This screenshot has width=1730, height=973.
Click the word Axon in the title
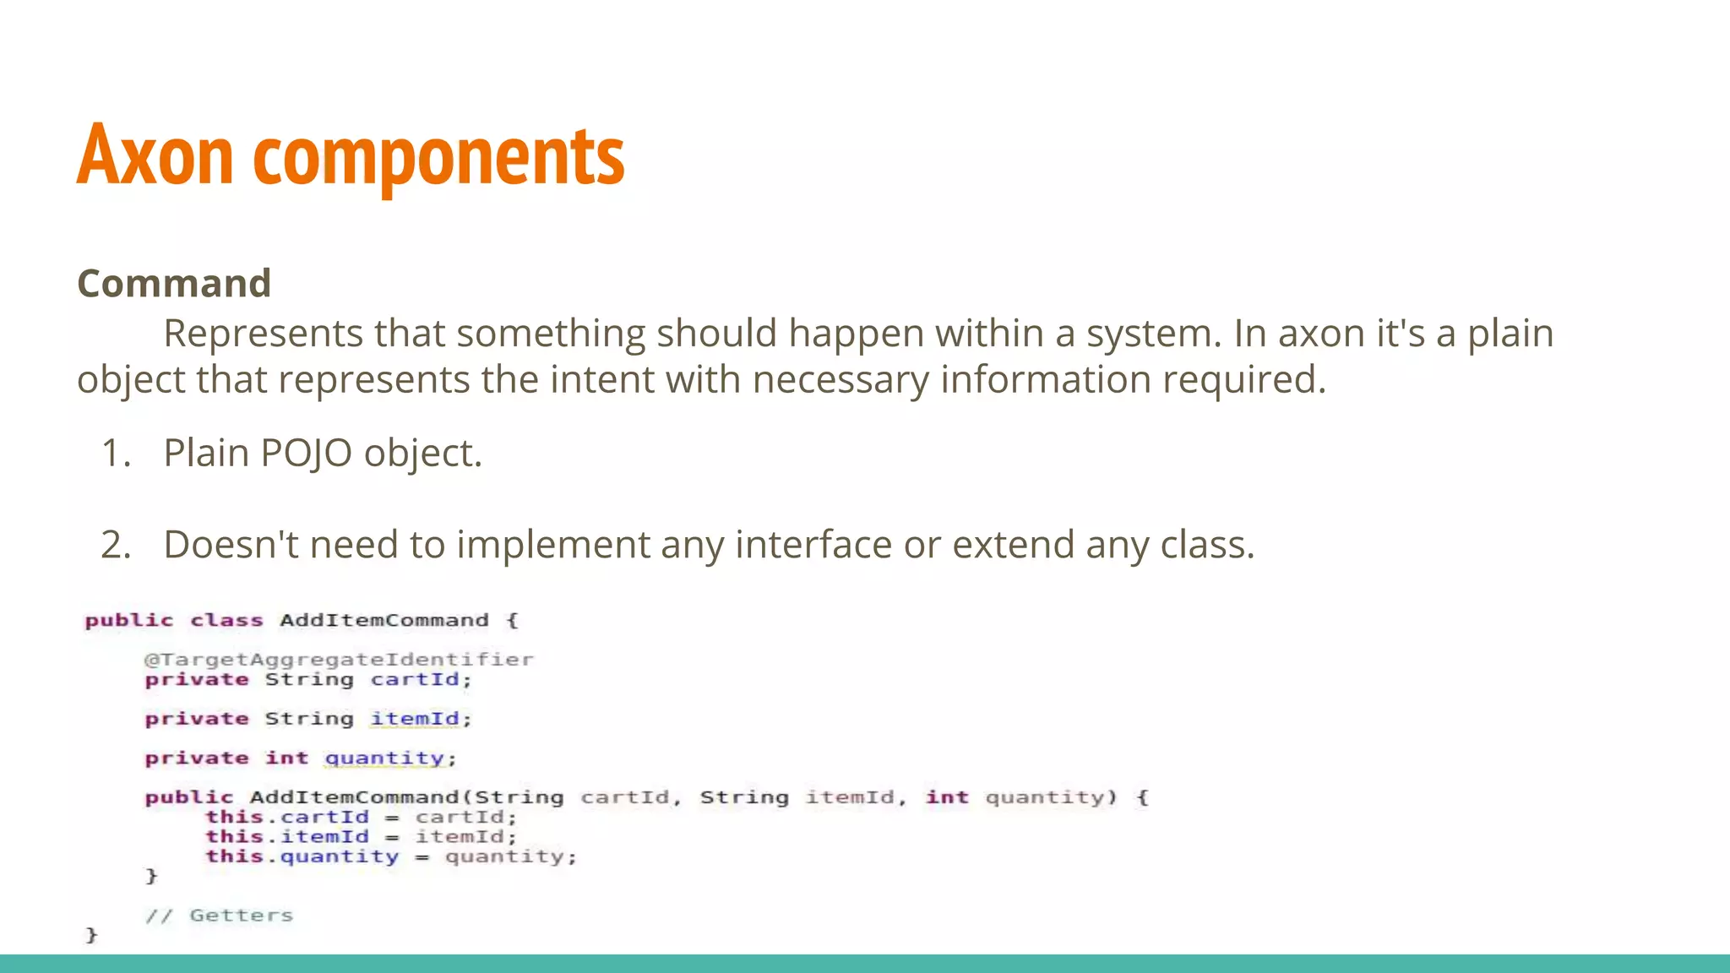point(155,155)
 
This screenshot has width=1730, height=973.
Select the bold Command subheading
point(174,284)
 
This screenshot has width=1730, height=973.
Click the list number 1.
point(116,454)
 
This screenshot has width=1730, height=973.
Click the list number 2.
point(116,545)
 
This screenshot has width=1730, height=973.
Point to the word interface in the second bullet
point(813,545)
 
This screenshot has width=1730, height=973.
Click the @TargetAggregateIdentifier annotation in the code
point(339,659)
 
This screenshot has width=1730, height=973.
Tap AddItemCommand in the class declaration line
point(384,621)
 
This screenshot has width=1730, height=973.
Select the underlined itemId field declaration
point(415,719)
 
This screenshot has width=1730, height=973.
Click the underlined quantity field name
point(384,758)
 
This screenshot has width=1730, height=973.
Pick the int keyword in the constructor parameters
point(946,797)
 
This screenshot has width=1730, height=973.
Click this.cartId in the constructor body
point(287,817)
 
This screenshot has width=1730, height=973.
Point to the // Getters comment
point(219,916)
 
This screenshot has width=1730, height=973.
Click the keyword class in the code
point(226,621)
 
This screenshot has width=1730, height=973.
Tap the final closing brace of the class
point(91,935)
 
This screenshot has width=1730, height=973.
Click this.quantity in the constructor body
point(302,856)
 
